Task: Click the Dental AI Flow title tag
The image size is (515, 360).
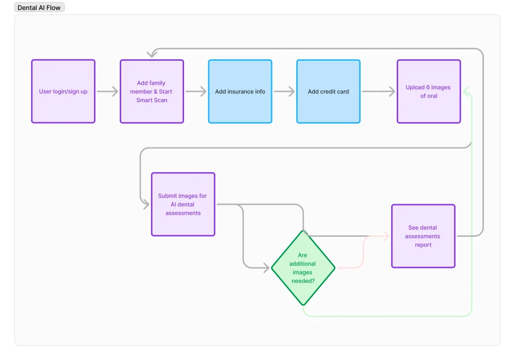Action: (x=39, y=8)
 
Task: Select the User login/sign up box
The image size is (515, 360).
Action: (x=63, y=92)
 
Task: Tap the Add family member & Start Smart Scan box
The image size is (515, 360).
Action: (x=151, y=92)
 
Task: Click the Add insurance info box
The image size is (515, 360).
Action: (x=240, y=92)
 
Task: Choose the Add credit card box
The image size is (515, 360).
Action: (x=328, y=92)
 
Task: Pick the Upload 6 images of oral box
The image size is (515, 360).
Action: (x=428, y=92)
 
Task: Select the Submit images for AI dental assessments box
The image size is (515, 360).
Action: (x=183, y=204)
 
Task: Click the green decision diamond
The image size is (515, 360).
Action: (x=303, y=267)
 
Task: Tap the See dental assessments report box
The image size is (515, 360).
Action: (x=423, y=236)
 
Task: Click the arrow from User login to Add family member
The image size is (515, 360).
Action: (x=107, y=92)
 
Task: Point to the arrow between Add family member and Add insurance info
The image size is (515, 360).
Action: (x=196, y=92)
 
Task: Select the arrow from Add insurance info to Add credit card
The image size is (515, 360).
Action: (x=284, y=92)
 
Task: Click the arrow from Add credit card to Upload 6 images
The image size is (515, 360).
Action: (x=378, y=92)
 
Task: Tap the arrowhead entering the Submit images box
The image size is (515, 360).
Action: (x=146, y=204)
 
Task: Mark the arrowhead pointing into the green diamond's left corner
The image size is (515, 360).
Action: (x=266, y=267)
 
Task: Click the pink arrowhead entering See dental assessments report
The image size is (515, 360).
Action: (x=386, y=236)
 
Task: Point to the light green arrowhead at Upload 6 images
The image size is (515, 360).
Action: (x=466, y=92)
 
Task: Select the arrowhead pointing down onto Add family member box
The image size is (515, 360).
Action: (x=151, y=54)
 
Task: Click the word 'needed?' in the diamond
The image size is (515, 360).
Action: (x=303, y=281)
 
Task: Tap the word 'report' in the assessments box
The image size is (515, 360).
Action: (x=423, y=245)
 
